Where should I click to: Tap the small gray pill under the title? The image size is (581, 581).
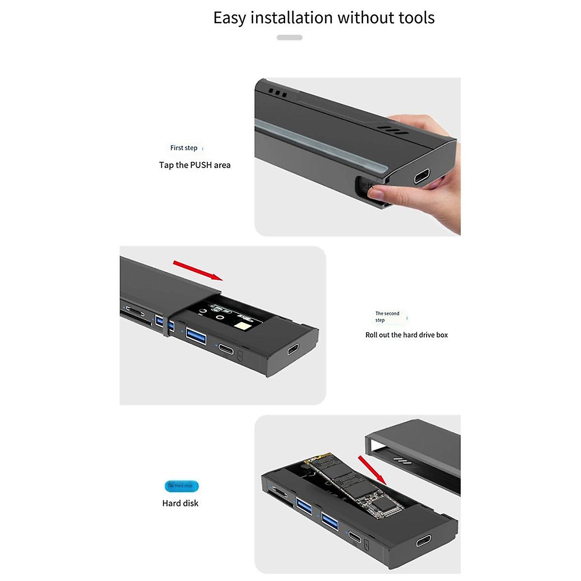click(290, 37)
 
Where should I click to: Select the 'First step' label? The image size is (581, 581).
click(184, 148)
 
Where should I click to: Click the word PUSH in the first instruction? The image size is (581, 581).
click(201, 165)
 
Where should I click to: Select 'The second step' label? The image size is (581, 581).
click(387, 317)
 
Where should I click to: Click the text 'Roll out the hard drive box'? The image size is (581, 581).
click(407, 335)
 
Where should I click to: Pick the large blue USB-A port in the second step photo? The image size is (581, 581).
click(196, 335)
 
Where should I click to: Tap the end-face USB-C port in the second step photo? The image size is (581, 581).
click(293, 349)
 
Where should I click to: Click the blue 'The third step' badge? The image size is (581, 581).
click(181, 486)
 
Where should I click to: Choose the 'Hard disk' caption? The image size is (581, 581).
click(180, 504)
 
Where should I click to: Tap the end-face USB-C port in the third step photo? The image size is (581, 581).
click(424, 540)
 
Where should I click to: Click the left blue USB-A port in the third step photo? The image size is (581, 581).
click(305, 507)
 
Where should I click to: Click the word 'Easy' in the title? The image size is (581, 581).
click(230, 18)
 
